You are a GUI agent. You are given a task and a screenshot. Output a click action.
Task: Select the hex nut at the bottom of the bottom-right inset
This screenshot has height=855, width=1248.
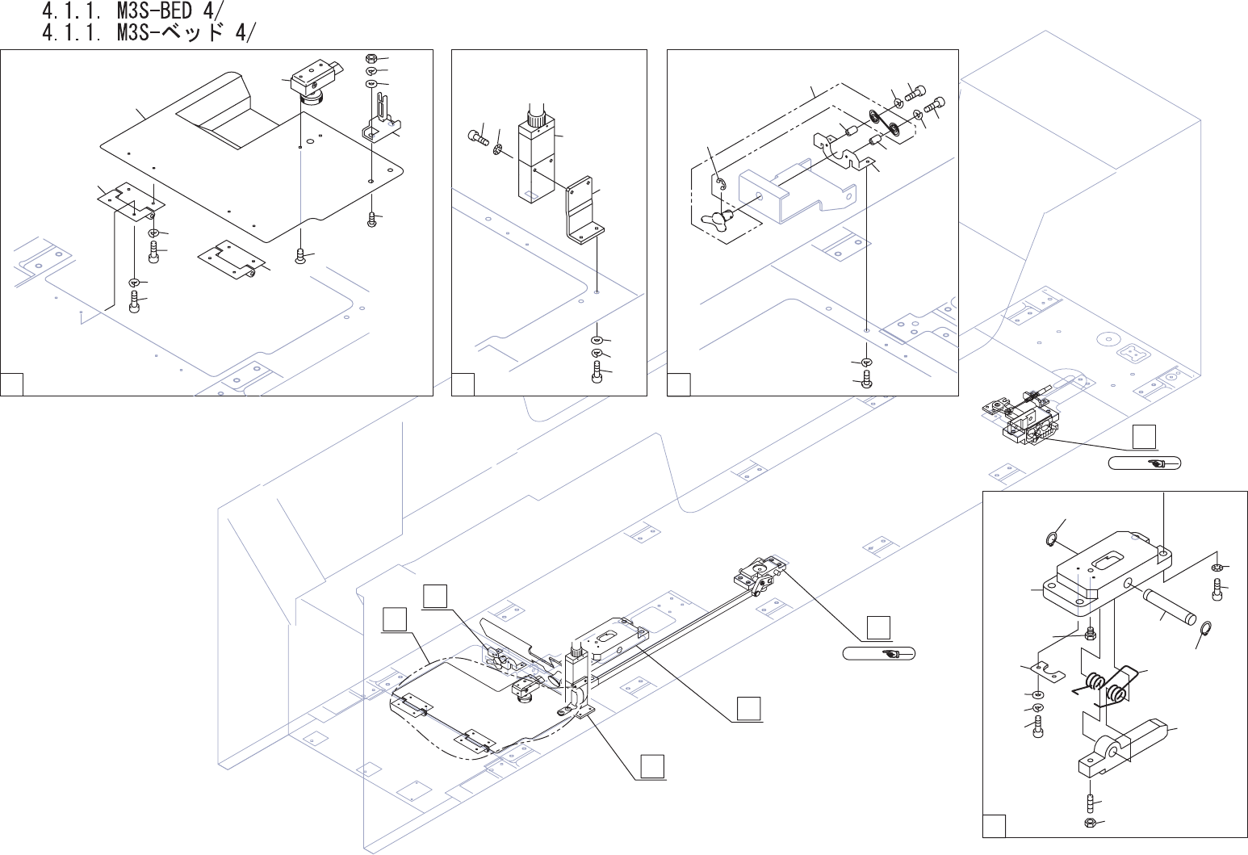coord(1090,824)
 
